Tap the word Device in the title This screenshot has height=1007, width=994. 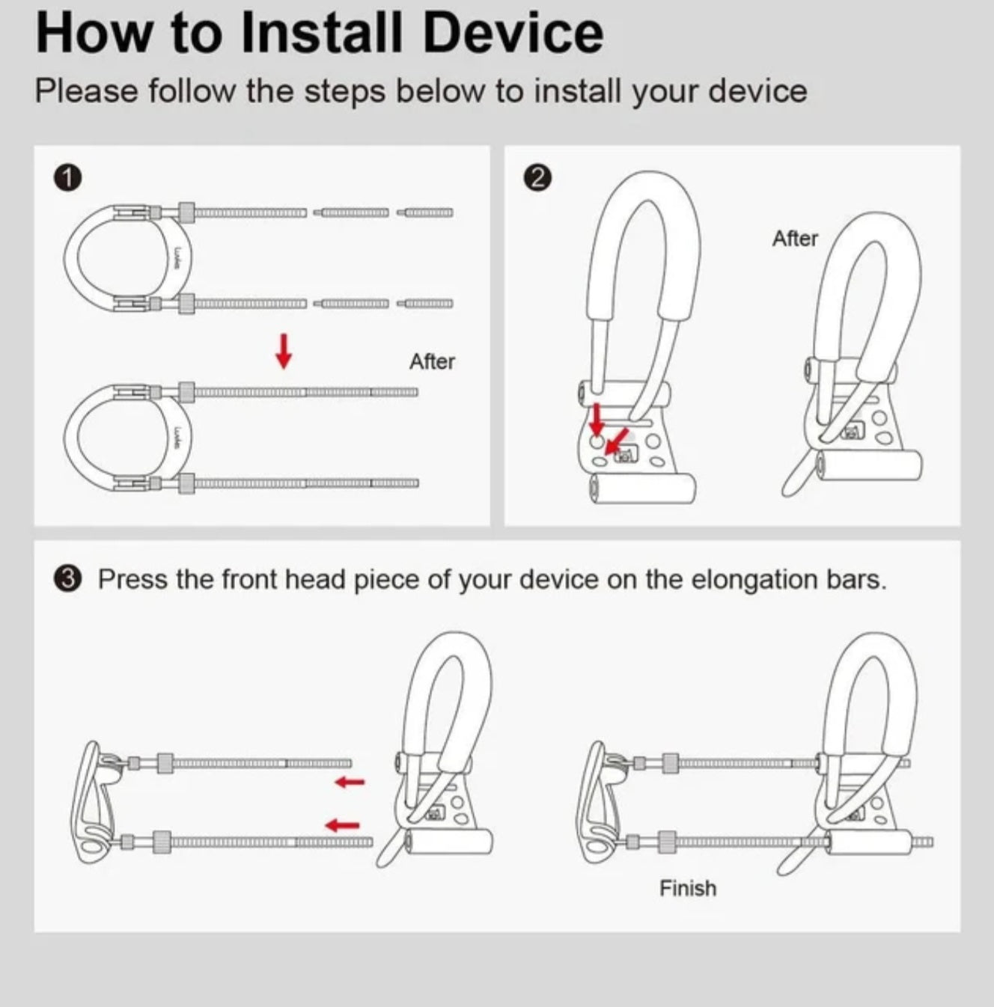(513, 33)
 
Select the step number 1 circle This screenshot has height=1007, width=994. (67, 178)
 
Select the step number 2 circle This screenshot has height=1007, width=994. (537, 178)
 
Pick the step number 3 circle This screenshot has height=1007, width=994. (67, 580)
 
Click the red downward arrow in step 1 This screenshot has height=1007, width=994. (284, 351)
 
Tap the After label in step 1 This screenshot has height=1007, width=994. (432, 361)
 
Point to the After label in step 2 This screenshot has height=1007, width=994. (795, 239)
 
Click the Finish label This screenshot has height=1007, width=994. (688, 888)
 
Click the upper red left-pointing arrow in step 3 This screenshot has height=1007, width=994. (350, 782)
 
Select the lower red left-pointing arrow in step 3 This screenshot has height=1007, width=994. (342, 825)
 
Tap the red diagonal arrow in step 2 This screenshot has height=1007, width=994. (617, 441)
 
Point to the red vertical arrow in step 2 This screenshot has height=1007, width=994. (596, 419)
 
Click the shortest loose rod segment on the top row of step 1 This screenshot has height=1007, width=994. (424, 212)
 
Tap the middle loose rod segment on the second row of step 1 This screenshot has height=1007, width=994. (351, 304)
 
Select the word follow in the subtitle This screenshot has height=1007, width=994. (192, 91)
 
